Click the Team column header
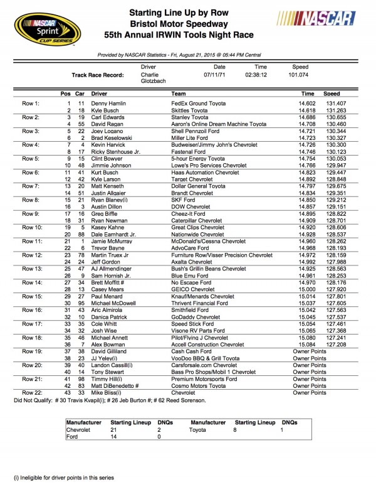(178, 93)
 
